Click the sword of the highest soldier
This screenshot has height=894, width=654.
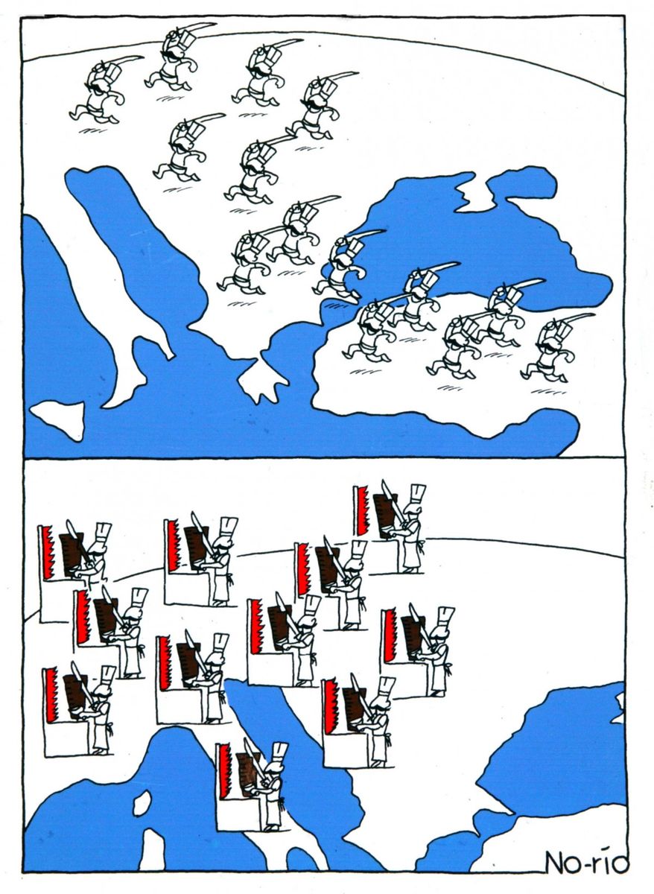195,29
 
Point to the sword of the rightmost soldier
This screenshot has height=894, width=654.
574,320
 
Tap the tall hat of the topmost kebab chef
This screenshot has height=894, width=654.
418,494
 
